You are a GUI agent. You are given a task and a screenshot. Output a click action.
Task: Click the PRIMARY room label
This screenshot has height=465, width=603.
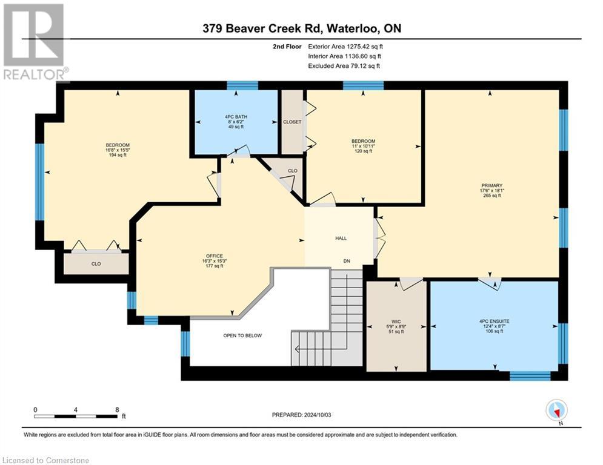point(491,186)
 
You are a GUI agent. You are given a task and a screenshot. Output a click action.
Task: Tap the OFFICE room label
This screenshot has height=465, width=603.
point(214,256)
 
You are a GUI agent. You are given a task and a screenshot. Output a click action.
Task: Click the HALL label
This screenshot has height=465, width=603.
point(341,238)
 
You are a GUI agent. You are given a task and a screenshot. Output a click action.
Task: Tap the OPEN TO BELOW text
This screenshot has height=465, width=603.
point(242,335)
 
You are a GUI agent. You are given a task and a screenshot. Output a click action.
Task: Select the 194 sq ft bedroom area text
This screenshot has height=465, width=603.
point(118,155)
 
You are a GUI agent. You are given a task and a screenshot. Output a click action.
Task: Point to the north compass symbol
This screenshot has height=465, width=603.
point(556,411)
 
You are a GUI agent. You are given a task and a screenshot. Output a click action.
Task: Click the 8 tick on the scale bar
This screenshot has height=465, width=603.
point(116,409)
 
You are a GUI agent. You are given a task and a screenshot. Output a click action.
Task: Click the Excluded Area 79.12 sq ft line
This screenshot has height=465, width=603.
point(344,66)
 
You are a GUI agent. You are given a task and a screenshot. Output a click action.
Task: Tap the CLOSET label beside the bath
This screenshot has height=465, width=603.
point(292,122)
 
